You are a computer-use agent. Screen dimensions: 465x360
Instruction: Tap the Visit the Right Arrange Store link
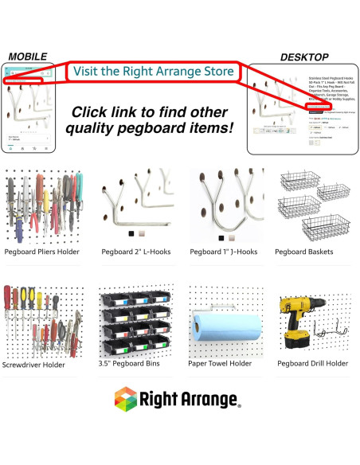(153, 72)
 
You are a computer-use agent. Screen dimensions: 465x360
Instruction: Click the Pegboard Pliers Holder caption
(41, 252)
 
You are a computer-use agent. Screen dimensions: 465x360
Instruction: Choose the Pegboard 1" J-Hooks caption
(224, 252)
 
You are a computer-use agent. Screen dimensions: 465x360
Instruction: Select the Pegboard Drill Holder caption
(312, 364)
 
